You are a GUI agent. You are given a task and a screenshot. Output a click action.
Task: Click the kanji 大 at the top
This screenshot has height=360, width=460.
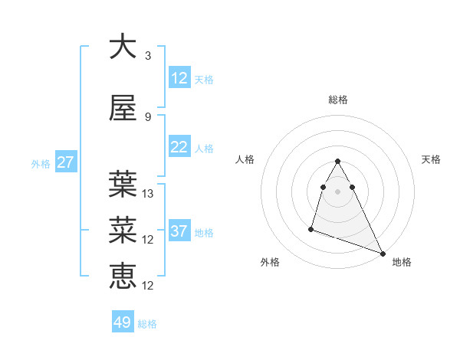pyautogui.click(x=123, y=47)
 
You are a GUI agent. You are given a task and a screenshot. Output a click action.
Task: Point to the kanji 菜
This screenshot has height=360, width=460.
pyautogui.click(x=123, y=230)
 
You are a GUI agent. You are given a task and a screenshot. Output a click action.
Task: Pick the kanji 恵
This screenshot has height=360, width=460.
pyautogui.click(x=123, y=276)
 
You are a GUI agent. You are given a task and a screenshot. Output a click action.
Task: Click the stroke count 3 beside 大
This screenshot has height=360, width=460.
pyautogui.click(x=147, y=56)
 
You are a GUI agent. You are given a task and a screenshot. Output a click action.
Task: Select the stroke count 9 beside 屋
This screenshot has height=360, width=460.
pyautogui.click(x=147, y=117)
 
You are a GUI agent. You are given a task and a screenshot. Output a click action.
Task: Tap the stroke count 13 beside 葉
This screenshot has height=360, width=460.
pyautogui.click(x=149, y=194)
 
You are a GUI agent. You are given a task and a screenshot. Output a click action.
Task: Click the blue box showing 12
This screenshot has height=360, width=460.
pyautogui.click(x=179, y=78)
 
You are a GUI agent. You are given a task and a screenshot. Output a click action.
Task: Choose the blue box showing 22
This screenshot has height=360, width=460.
pyautogui.click(x=179, y=148)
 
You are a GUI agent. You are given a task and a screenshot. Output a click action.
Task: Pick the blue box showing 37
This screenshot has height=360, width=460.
pyautogui.click(x=179, y=231)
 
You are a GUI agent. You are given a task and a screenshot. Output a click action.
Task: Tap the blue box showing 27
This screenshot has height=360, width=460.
pyautogui.click(x=65, y=162)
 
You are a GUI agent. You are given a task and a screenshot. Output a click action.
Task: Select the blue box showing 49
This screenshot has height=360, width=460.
pyautogui.click(x=123, y=322)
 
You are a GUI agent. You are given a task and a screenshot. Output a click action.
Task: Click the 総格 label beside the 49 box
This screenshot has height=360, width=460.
pyautogui.click(x=147, y=324)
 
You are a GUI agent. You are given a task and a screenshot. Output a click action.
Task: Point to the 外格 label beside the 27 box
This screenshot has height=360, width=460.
pyautogui.click(x=41, y=164)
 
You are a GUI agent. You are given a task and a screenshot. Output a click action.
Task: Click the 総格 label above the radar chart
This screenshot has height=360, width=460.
pyautogui.click(x=338, y=100)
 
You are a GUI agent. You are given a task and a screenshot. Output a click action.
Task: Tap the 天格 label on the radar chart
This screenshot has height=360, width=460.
pyautogui.click(x=432, y=159)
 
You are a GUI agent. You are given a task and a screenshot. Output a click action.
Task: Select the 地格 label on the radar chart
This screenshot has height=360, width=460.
pyautogui.click(x=402, y=262)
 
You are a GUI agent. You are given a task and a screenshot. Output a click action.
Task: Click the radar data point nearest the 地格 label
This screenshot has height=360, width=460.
pyautogui.click(x=383, y=254)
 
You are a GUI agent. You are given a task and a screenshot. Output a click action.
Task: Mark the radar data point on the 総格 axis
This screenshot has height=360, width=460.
pyautogui.click(x=338, y=161)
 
